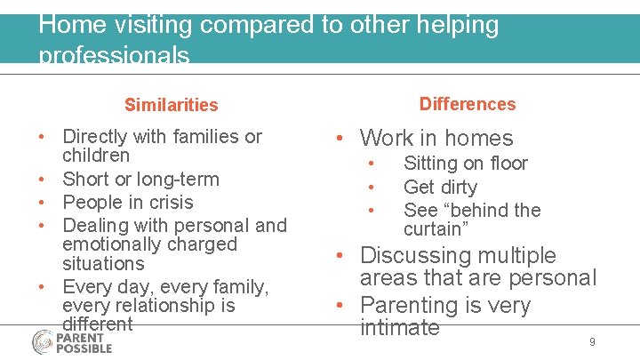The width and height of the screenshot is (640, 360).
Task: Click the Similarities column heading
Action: [x=171, y=105]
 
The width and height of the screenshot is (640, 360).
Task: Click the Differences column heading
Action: [x=468, y=104]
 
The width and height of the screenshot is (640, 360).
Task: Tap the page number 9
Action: [x=592, y=342]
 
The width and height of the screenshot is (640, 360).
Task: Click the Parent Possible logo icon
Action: [x=43, y=341]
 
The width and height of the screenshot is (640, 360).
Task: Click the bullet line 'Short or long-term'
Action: [x=140, y=179]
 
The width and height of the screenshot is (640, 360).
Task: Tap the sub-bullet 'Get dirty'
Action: [x=440, y=187]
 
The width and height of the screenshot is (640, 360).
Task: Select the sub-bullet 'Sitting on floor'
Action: [x=465, y=164]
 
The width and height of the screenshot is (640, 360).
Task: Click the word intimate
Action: [x=399, y=327]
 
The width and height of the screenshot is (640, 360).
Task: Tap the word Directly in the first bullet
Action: [x=95, y=137]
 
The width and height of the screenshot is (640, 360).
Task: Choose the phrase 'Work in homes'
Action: [x=436, y=138]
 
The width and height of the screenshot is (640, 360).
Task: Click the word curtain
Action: [x=435, y=229]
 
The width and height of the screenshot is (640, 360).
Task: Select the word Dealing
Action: [x=95, y=225]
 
